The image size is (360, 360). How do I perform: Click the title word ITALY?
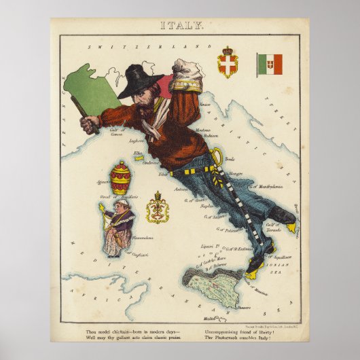pos(180,26)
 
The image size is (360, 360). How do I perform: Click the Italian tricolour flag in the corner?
pos(270,65)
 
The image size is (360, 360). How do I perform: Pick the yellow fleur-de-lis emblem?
pos(158,208)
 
